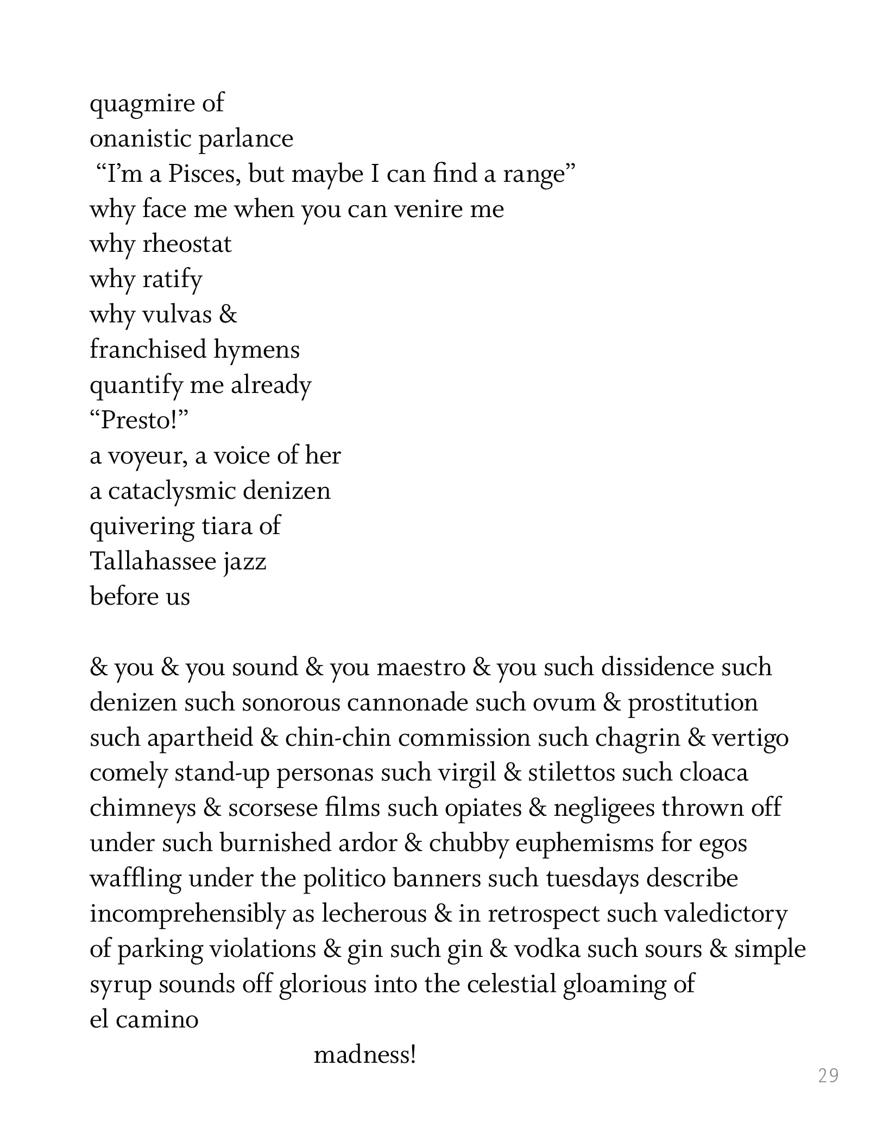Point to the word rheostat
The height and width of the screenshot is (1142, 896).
pyautogui.click(x=187, y=244)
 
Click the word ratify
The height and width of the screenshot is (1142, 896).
pyautogui.click(x=172, y=280)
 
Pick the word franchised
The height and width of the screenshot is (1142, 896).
pyautogui.click(x=148, y=350)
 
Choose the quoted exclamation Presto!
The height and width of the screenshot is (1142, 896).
pyautogui.click(x=138, y=420)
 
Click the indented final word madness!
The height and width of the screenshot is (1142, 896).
pyautogui.click(x=365, y=1055)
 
